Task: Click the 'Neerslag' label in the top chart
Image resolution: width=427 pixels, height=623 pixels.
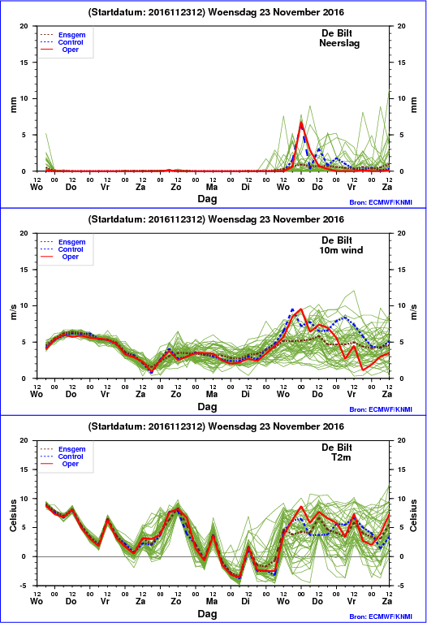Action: pyautogui.click(x=339, y=43)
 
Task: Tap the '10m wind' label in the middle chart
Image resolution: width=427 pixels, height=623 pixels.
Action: pyautogui.click(x=341, y=250)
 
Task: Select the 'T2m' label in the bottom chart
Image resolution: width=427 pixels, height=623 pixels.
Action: pyautogui.click(x=341, y=457)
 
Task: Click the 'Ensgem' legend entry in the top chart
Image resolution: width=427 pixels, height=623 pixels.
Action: pyautogui.click(x=72, y=35)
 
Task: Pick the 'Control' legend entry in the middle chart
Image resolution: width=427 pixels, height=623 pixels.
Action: pyautogui.click(x=71, y=249)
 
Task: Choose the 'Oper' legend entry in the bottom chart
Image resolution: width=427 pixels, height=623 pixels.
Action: pyautogui.click(x=71, y=464)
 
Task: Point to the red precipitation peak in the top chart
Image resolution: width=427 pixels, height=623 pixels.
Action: pyautogui.click(x=301, y=123)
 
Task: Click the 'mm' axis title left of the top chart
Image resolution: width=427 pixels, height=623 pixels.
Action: pyautogui.click(x=14, y=105)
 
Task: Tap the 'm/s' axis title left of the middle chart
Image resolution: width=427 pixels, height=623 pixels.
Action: pyautogui.click(x=14, y=312)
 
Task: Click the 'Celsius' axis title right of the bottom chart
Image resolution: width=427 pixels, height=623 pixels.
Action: pyautogui.click(x=413, y=515)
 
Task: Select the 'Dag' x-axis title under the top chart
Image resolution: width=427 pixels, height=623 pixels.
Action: pyautogui.click(x=207, y=199)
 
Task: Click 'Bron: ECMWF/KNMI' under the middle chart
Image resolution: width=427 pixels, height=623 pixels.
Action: pyautogui.click(x=381, y=409)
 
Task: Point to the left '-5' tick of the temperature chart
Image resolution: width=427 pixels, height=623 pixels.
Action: pyautogui.click(x=24, y=586)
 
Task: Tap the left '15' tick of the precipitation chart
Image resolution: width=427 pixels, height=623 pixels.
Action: pyautogui.click(x=24, y=63)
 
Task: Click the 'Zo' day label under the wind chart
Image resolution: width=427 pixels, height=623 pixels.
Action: pyautogui.click(x=176, y=394)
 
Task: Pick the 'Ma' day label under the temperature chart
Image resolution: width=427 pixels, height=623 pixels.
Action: pyautogui.click(x=211, y=601)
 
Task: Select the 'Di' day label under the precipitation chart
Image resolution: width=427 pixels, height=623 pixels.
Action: pyautogui.click(x=246, y=187)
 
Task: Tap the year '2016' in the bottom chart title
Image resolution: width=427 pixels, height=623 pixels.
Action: pyautogui.click(x=333, y=426)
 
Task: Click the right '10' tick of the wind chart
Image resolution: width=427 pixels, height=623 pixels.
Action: pyautogui.click(x=402, y=305)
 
